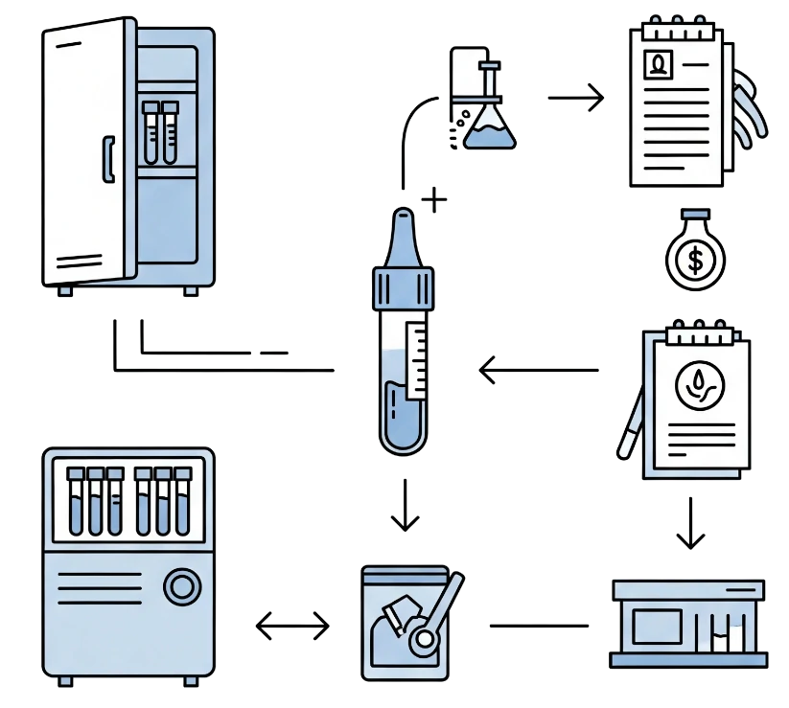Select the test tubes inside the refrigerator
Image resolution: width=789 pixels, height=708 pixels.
[160, 131]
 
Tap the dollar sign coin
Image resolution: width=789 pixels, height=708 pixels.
[695, 258]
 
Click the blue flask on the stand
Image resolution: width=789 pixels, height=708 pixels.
[488, 130]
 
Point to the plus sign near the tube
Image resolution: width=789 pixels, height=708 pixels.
[435, 201]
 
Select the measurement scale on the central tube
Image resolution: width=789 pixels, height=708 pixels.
[419, 360]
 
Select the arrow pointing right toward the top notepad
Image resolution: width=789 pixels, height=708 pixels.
[575, 97]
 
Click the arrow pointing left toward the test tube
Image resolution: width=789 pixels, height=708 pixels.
[540, 370]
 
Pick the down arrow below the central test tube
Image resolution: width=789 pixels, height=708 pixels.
[406, 505]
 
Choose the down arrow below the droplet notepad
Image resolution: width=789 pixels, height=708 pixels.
[688, 522]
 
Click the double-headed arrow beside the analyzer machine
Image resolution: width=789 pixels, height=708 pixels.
[291, 627]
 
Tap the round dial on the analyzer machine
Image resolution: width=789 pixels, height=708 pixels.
[181, 586]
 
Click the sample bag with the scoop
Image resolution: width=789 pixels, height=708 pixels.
[407, 620]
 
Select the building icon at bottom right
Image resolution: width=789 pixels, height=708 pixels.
[687, 623]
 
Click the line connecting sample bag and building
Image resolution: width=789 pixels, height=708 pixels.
[537, 625]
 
